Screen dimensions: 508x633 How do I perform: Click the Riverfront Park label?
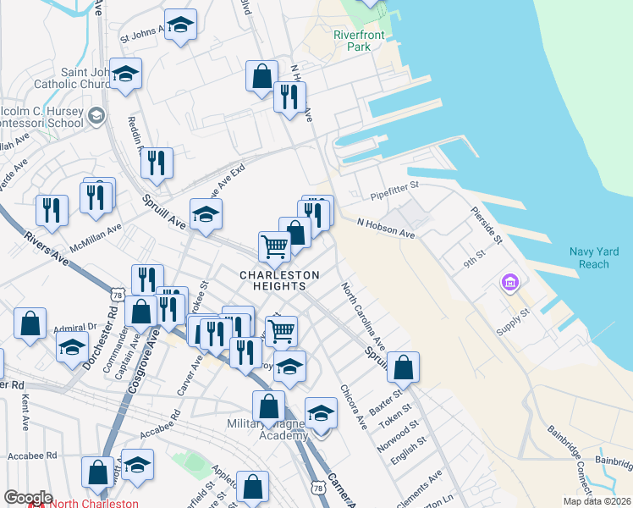359,41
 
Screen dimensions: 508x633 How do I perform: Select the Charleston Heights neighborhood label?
280,280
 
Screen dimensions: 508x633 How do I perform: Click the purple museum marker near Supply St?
510,283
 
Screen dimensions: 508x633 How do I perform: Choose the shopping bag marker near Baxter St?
405,367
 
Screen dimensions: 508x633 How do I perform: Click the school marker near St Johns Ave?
180,26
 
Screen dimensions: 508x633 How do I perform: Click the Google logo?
28,497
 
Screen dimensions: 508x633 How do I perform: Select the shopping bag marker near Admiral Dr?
30,324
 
